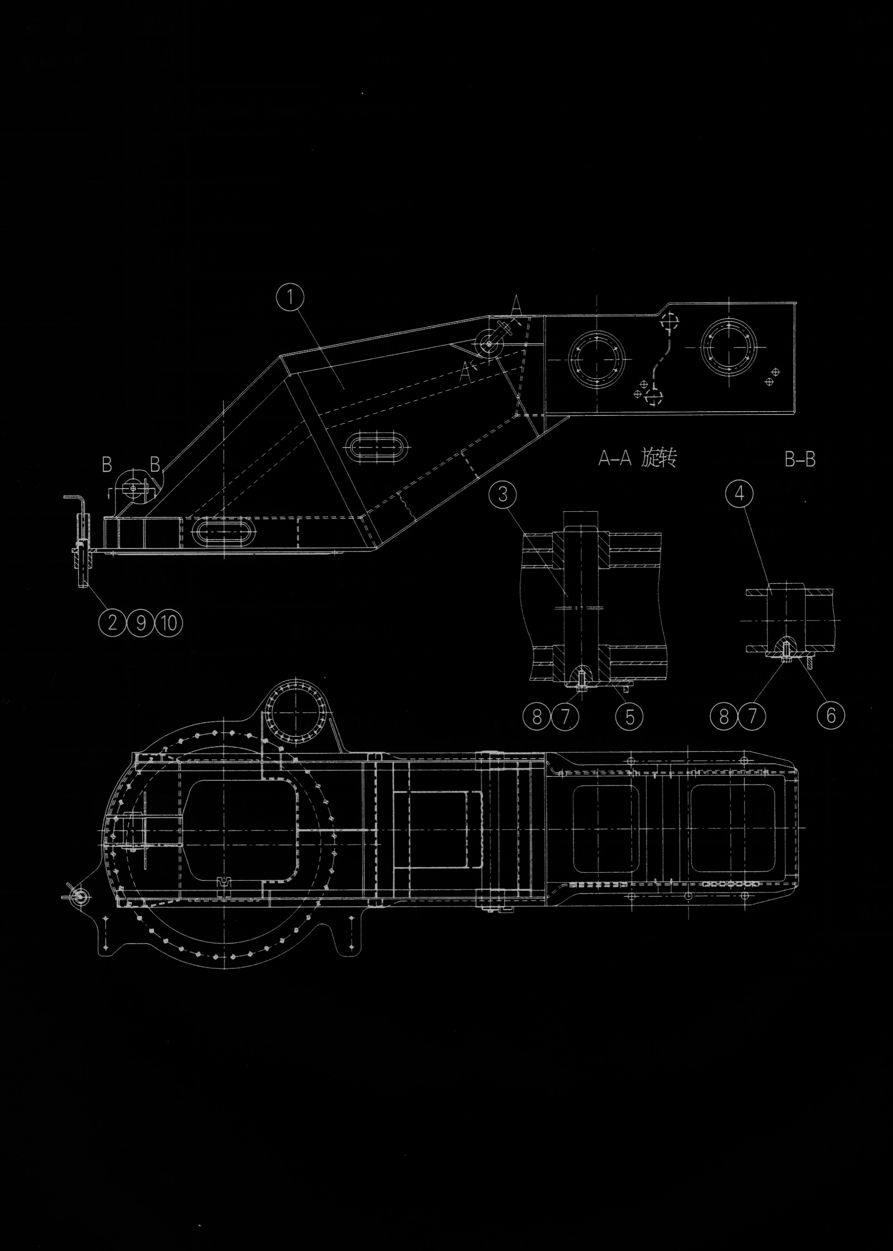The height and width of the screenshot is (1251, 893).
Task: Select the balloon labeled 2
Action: (x=112, y=623)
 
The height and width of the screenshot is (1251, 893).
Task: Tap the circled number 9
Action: (x=141, y=623)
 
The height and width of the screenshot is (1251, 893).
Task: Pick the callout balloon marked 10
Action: (x=170, y=623)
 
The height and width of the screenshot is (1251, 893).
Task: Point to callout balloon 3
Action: (x=502, y=494)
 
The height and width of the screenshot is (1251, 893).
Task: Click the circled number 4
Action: (x=740, y=494)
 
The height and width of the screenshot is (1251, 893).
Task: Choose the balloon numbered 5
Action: (x=630, y=717)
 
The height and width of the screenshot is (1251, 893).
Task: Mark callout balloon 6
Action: (x=830, y=716)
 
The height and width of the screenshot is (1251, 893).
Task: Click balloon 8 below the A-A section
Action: (x=536, y=717)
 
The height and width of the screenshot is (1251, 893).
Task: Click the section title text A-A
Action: (x=615, y=458)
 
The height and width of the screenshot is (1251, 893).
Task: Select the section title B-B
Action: (x=800, y=459)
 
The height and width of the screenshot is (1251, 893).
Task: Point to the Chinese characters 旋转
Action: (x=659, y=458)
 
